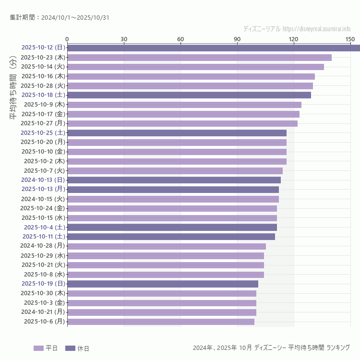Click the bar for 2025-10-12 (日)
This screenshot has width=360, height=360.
(x=214, y=48)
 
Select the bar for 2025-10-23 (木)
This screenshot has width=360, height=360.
(x=199, y=57)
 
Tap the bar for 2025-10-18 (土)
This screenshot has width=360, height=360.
(x=189, y=95)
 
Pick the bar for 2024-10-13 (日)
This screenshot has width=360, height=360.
(x=174, y=180)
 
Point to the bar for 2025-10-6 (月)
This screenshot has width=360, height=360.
(x=161, y=322)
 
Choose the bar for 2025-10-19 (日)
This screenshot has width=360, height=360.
(x=163, y=284)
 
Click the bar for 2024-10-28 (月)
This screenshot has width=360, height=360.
(x=167, y=246)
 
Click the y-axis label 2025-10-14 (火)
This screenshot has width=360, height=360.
(x=43, y=67)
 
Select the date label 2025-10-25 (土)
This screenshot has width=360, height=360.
(x=43, y=132)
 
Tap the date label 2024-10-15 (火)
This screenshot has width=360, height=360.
(x=43, y=199)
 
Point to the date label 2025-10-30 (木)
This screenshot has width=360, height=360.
(x=43, y=293)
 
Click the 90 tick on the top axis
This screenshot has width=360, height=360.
(x=237, y=39)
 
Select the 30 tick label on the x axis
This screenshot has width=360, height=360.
(x=124, y=39)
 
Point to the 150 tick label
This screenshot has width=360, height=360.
(x=350, y=39)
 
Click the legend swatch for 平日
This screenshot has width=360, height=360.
(x=38, y=348)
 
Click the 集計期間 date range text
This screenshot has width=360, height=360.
(x=59, y=18)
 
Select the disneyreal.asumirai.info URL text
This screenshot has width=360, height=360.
(x=316, y=29)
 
